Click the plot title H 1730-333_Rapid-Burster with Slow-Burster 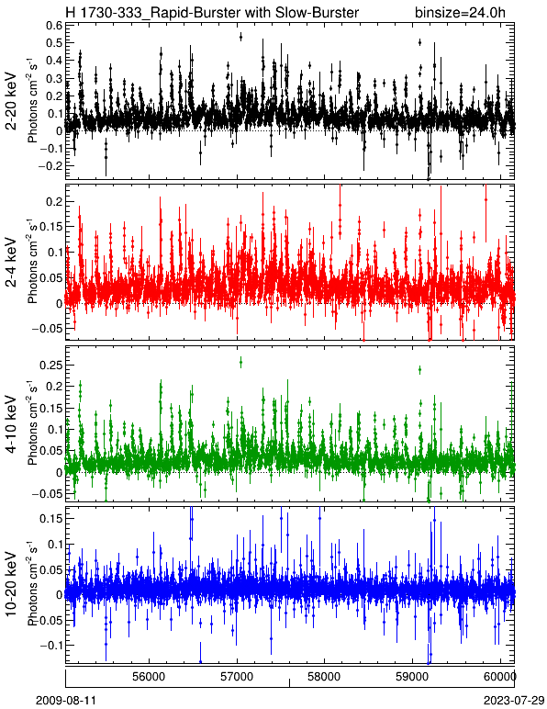[212, 12]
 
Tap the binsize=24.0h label [460, 12]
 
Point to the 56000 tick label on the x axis [150, 677]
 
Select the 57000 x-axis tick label [238, 677]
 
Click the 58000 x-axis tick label [325, 677]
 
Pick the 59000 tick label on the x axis [413, 677]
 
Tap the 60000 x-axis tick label [500, 677]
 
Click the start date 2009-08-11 [66, 701]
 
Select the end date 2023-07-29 [514, 701]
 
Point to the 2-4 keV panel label [12, 263]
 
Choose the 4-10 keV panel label [12, 424]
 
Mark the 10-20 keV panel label [12, 584]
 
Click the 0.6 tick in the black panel [54, 25]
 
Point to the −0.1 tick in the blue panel [50, 645]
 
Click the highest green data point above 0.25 [240, 362]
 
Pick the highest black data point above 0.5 [240, 37]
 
